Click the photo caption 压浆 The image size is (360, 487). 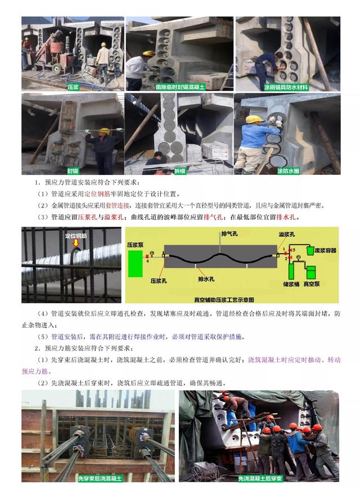point(73,87)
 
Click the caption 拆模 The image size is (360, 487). point(178,169)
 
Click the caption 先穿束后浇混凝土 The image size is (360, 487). point(99,478)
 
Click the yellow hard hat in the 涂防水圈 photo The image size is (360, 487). point(255,119)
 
